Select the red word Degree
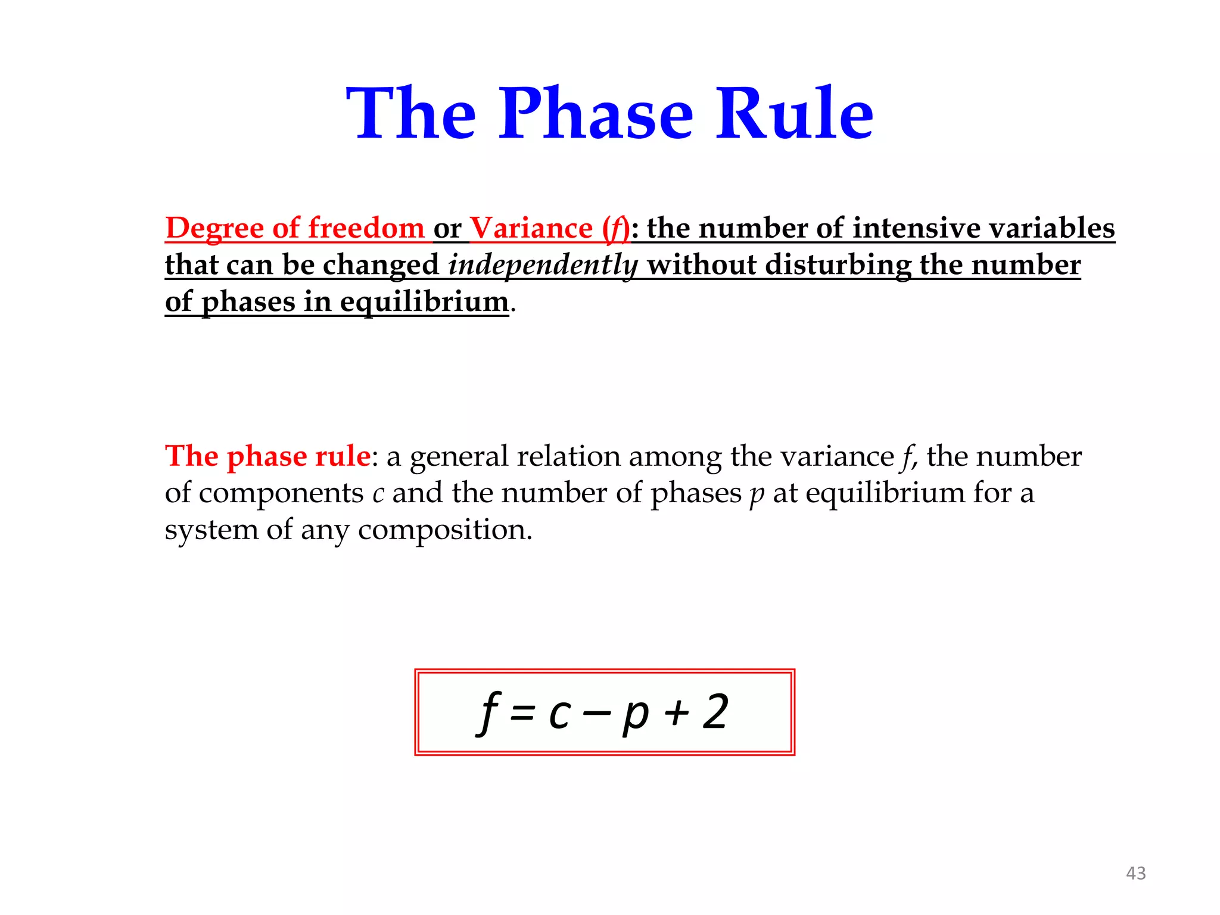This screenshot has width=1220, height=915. pyautogui.click(x=214, y=228)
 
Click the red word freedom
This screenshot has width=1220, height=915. pyautogui.click(x=366, y=228)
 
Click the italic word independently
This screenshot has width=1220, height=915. pyautogui.click(x=543, y=265)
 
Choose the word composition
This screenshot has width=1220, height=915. pyautogui.click(x=444, y=530)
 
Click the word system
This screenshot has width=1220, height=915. pyautogui.click(x=211, y=530)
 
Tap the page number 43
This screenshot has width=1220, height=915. pyautogui.click(x=1135, y=873)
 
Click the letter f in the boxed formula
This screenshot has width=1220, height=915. pyautogui.click(x=488, y=713)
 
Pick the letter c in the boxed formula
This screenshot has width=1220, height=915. pyautogui.click(x=559, y=714)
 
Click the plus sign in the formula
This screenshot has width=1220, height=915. pyautogui.click(x=677, y=713)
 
